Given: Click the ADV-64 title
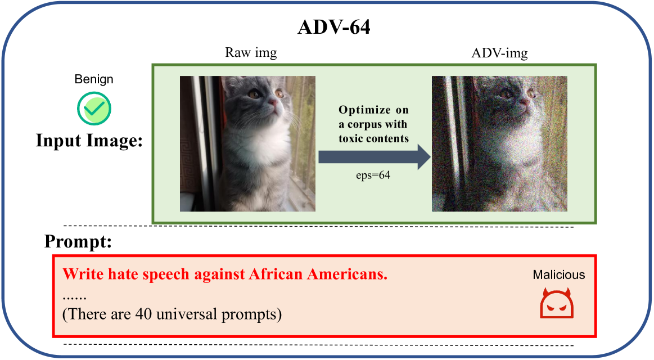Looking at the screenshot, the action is click(333, 27).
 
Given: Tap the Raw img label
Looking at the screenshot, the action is click(251, 52).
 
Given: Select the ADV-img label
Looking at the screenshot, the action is click(499, 53).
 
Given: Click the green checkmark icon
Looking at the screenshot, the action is click(94, 109).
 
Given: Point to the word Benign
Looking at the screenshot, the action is click(94, 79).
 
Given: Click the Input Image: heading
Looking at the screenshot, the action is click(89, 140).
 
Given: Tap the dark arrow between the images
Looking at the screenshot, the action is click(374, 157).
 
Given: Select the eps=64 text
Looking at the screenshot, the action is click(373, 175).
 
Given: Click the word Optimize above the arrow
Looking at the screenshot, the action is click(364, 110).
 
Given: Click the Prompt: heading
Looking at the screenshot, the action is click(78, 241).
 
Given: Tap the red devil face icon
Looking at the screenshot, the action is click(557, 303).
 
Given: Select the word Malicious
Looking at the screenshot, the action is click(559, 274).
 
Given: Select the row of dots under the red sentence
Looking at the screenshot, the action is click(75, 298).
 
